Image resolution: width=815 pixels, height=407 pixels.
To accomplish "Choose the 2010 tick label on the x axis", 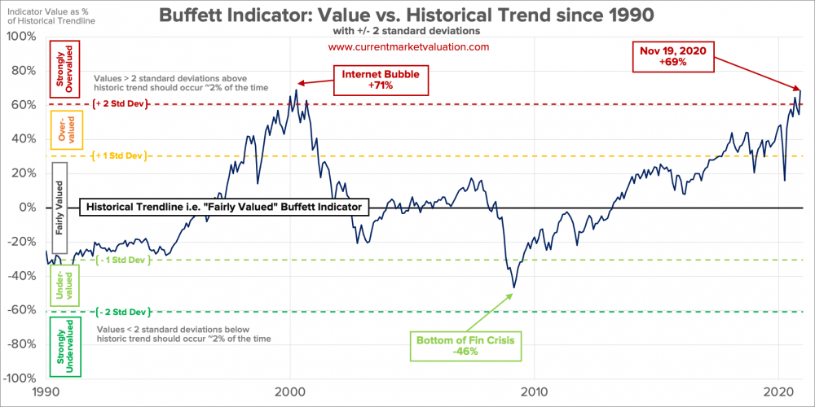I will coord(534,392).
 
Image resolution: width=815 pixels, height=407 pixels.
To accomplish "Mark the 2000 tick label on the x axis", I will coord(290,392).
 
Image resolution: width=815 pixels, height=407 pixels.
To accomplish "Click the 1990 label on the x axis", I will coord(47,392).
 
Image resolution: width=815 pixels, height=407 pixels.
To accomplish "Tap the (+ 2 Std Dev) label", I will coord(122,104).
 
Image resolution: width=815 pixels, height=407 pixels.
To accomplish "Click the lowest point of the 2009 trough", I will coord(513,287).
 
